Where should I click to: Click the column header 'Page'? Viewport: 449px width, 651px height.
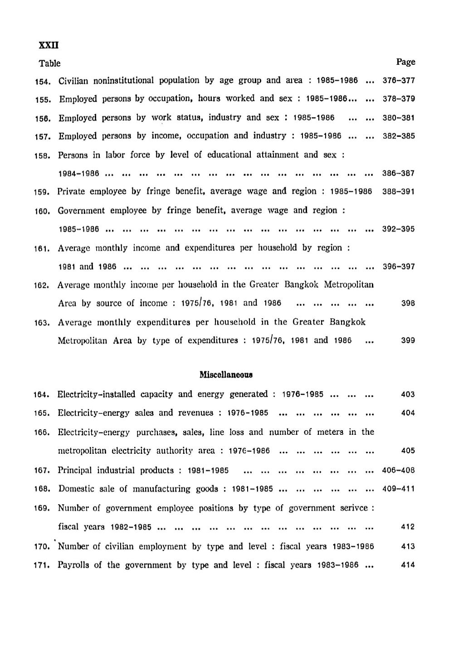[405, 62]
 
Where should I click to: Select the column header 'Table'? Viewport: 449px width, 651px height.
[49, 63]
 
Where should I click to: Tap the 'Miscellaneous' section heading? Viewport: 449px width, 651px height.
[226, 375]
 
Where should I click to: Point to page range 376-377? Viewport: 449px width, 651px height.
[399, 81]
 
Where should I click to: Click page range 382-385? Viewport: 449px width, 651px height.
[399, 136]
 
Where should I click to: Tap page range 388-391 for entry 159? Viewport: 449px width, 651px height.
[399, 191]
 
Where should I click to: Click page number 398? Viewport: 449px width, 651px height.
[408, 303]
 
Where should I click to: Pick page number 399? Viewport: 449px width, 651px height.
[408, 340]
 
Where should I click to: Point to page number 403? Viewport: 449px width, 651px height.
[408, 394]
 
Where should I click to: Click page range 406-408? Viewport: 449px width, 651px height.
[399, 470]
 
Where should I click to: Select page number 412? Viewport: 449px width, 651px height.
[408, 527]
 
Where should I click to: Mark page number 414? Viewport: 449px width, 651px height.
[408, 565]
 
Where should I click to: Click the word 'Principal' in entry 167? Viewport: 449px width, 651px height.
[73, 470]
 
